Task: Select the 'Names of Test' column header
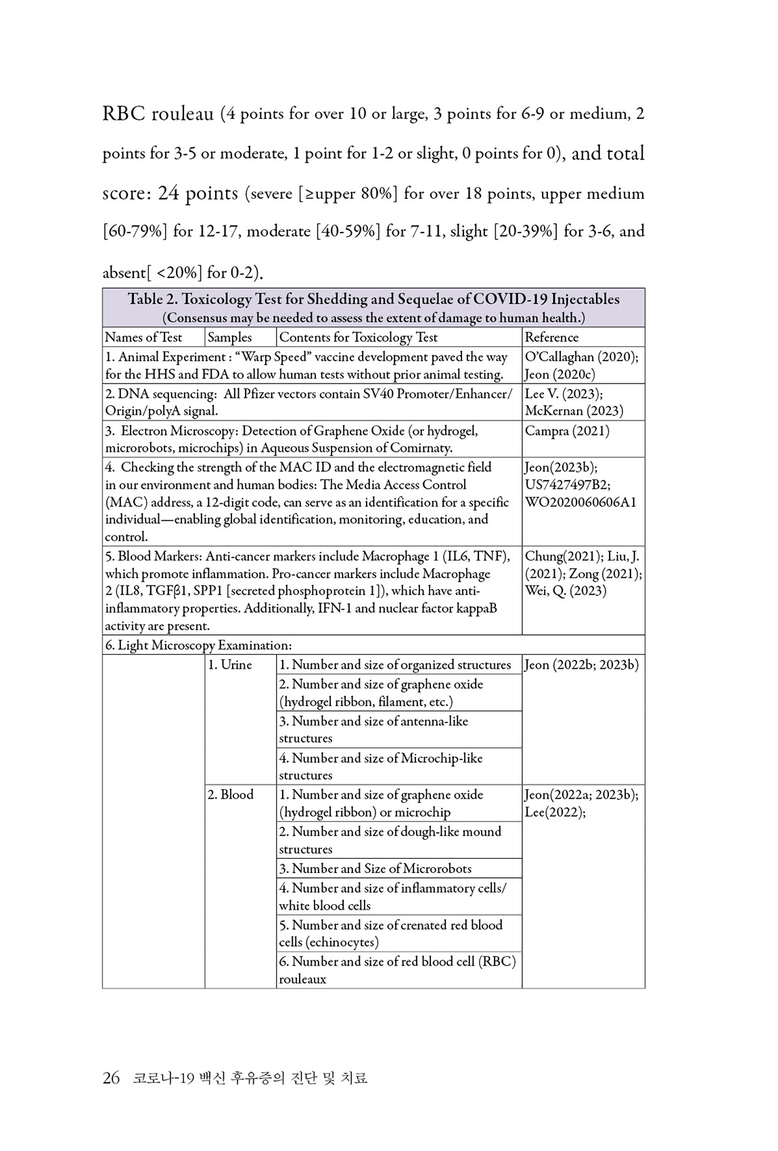tap(143, 337)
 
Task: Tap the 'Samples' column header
tap(229, 337)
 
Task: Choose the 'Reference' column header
tap(552, 337)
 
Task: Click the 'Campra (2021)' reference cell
tap(567, 431)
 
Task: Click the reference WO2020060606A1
tap(580, 502)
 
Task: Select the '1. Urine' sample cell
tap(230, 665)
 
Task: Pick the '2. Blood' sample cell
tap(231, 795)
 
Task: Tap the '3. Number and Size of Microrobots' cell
tap(375, 868)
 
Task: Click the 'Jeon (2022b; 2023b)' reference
tap(582, 665)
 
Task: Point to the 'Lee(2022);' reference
tap(555, 812)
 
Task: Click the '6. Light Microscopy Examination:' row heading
tap(198, 645)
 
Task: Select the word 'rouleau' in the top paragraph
tap(182, 113)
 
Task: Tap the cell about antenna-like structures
tap(374, 730)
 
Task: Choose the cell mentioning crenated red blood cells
tap(391, 933)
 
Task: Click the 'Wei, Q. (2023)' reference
tap(566, 590)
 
